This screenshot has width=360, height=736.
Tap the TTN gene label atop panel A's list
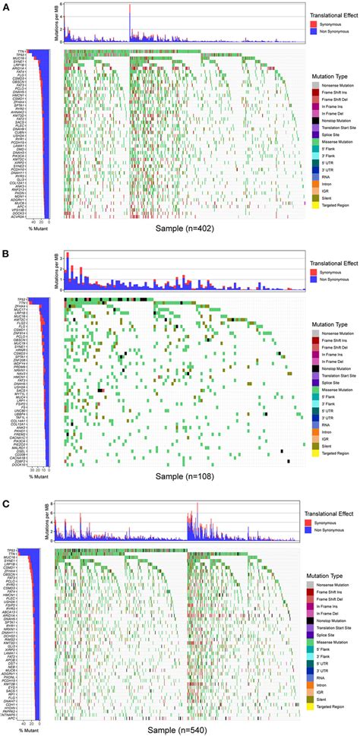(21, 52)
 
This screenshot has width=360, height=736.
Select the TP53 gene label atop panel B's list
(21, 300)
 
